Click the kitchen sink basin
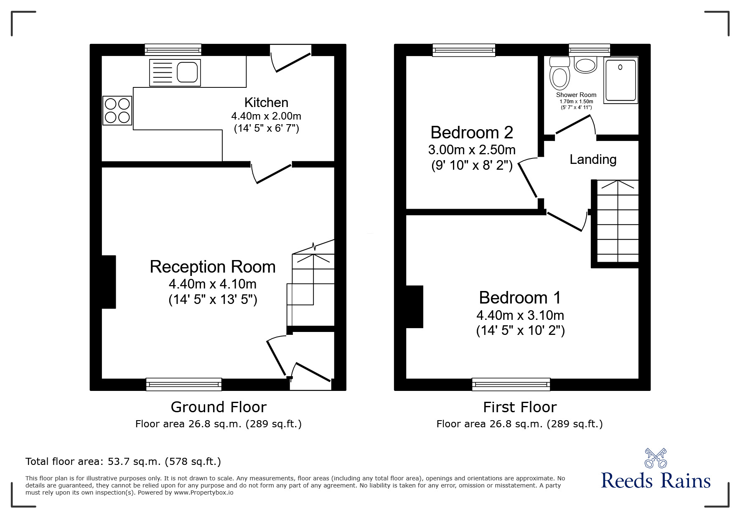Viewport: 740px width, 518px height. click(x=187, y=72)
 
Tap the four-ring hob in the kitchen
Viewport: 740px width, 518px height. click(x=117, y=110)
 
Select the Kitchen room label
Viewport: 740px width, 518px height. click(x=266, y=102)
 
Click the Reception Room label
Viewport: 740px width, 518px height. click(x=213, y=267)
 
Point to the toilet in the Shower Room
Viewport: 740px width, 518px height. click(x=560, y=77)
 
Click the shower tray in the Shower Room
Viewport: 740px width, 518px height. click(x=620, y=80)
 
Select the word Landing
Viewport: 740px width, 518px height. click(x=593, y=159)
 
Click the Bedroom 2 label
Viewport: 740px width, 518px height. click(x=472, y=133)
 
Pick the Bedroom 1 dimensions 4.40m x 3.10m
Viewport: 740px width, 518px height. click(x=520, y=315)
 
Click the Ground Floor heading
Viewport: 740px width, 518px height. click(x=219, y=407)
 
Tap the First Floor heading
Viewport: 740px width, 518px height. click(x=520, y=407)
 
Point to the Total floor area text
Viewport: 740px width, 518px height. click(x=123, y=462)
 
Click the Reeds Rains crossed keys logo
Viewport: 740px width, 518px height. click(x=656, y=458)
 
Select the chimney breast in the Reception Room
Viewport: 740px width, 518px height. click(x=109, y=282)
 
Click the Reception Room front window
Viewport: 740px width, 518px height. click(x=184, y=384)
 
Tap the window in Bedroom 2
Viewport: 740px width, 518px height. click(x=464, y=50)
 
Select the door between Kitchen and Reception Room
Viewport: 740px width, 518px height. click(x=272, y=172)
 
